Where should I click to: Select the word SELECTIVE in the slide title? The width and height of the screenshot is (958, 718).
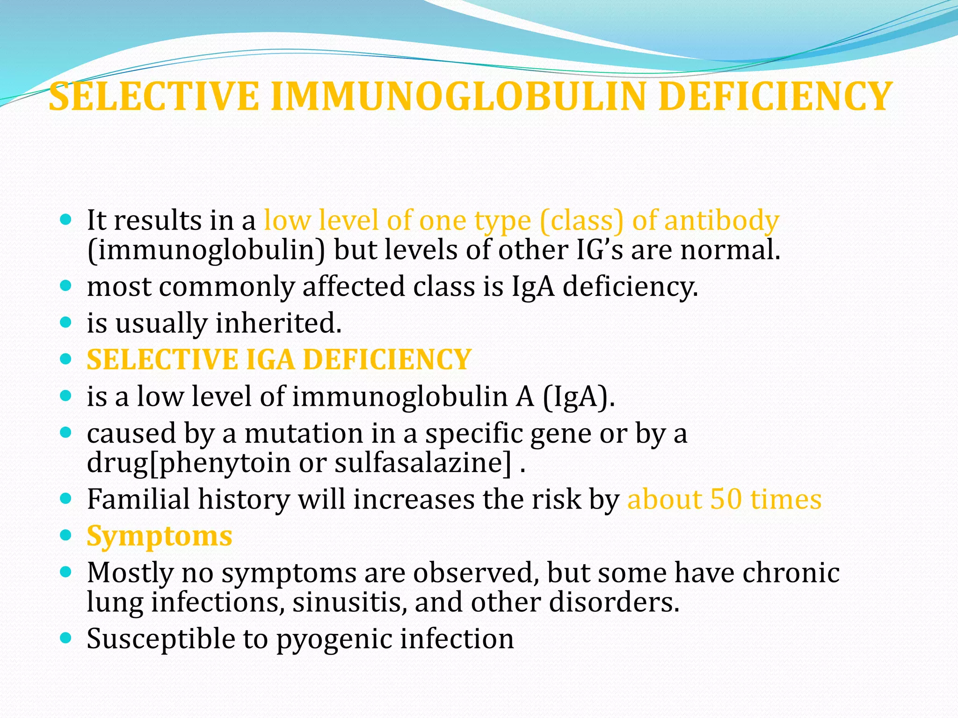tap(154, 97)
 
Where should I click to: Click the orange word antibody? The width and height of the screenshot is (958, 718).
tap(721, 221)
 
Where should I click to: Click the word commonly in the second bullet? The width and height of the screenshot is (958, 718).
tap(226, 287)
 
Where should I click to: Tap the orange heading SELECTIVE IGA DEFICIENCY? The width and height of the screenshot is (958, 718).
tap(279, 359)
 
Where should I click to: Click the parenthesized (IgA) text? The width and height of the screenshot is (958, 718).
tap(578, 396)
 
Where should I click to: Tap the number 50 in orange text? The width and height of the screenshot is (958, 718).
tap(726, 499)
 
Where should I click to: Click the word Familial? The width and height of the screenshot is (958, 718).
tap(138, 499)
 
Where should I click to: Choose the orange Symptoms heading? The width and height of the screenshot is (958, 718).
tap(160, 536)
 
